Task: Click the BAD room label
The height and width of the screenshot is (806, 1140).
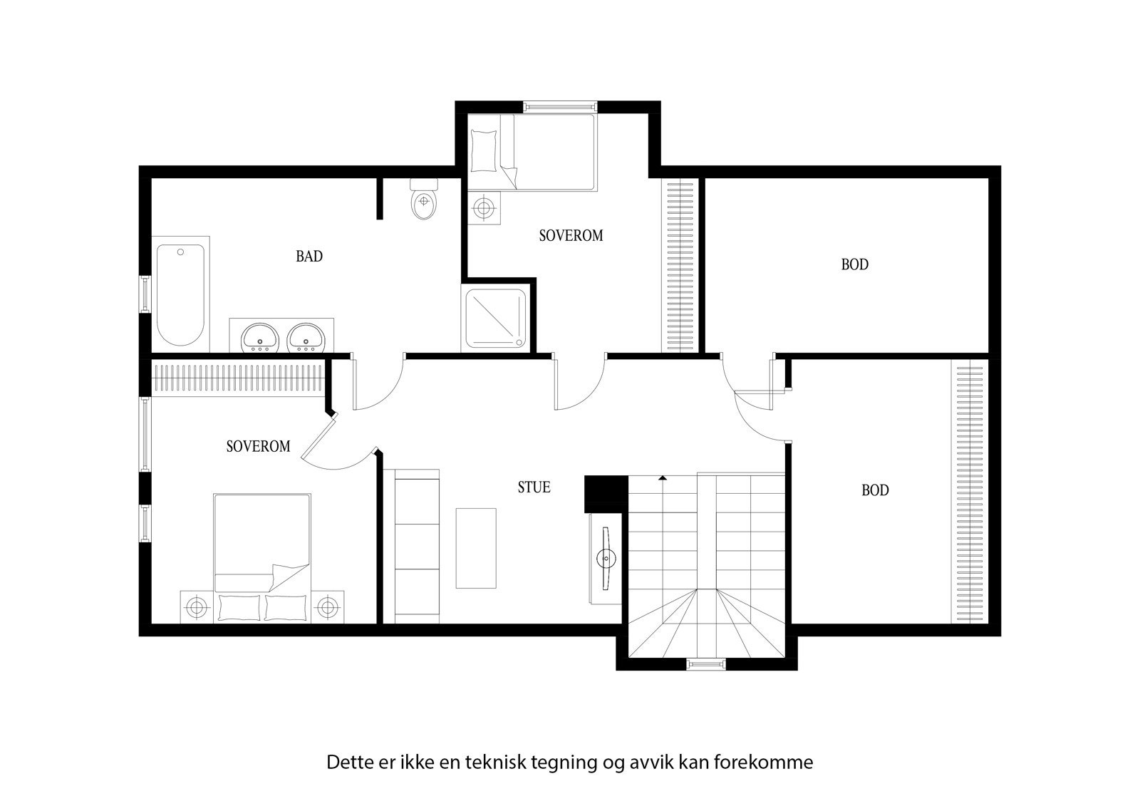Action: pyautogui.click(x=309, y=257)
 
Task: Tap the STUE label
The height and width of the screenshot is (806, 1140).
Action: pyautogui.click(x=534, y=487)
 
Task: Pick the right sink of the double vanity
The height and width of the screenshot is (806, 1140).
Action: pyautogui.click(x=306, y=338)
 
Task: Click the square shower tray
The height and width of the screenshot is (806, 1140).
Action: pyautogui.click(x=496, y=320)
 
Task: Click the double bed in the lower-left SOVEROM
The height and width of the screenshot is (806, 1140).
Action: pyautogui.click(x=261, y=549)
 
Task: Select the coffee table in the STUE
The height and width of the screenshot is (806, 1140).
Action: pyautogui.click(x=476, y=547)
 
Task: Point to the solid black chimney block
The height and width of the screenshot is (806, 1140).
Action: pyautogui.click(x=605, y=493)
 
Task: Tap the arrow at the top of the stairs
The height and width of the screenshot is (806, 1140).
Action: pyautogui.click(x=663, y=477)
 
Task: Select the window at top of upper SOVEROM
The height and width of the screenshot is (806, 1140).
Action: pyautogui.click(x=559, y=107)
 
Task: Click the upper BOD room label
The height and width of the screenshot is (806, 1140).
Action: pyautogui.click(x=854, y=265)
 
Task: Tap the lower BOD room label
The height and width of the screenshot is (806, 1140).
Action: pyautogui.click(x=875, y=490)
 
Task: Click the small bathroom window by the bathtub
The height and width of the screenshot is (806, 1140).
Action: pyautogui.click(x=145, y=294)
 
